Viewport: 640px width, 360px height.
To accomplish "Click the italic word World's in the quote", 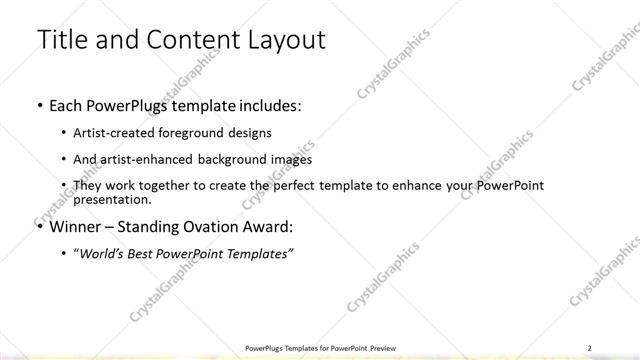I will coord(103,254).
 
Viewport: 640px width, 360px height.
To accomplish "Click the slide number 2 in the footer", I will coord(589,347).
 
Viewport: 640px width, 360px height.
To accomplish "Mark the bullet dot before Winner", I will coord(39,228).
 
